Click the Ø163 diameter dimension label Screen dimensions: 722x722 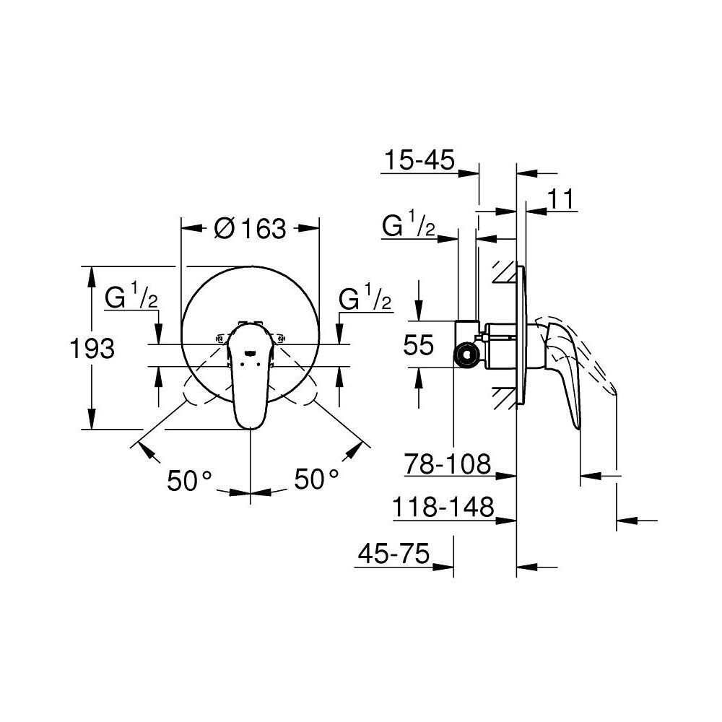251,229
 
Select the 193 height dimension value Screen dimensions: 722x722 92,349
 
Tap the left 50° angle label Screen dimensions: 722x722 190,479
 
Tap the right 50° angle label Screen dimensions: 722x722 316,479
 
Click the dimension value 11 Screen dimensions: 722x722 560,199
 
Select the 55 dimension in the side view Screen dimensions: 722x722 419,346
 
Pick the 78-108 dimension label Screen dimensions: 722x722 448,463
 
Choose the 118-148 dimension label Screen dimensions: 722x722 443,508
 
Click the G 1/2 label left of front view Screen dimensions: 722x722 133,298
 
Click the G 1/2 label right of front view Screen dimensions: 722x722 365,298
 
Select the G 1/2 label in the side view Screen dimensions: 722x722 409,227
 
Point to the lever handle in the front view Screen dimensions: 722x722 249,383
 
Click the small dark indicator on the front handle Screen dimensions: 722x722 249,354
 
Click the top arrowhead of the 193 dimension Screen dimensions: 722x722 92,273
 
